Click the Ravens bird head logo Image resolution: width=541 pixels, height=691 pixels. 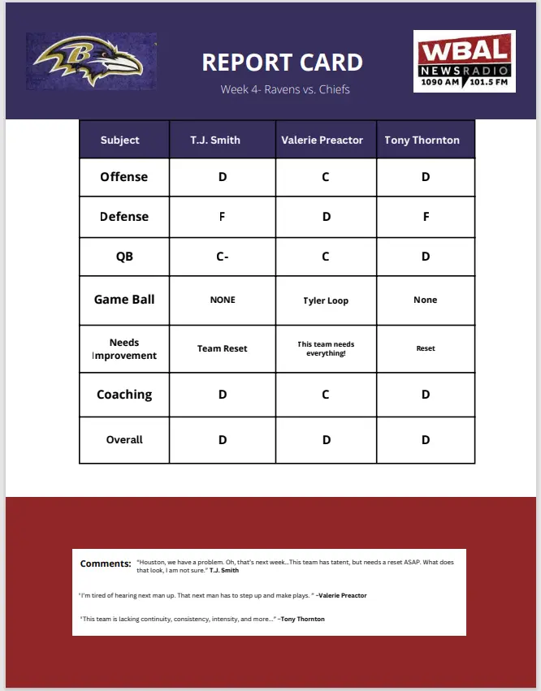click(x=91, y=61)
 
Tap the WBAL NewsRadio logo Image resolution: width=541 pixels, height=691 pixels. click(x=465, y=61)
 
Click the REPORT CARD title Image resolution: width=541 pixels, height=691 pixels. click(x=282, y=63)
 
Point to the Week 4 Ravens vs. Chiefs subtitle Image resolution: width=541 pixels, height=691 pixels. click(x=285, y=89)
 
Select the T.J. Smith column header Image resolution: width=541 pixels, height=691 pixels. click(x=215, y=140)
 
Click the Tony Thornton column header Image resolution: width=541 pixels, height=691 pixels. click(x=422, y=140)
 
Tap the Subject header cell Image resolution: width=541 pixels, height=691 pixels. click(x=120, y=140)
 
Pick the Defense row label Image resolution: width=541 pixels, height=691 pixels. click(x=124, y=217)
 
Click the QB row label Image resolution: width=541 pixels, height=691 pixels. click(x=124, y=257)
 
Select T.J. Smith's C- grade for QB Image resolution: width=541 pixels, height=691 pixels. click(x=223, y=257)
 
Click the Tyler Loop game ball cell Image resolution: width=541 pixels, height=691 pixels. click(x=326, y=300)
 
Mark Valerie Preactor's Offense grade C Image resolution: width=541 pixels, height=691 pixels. click(x=326, y=177)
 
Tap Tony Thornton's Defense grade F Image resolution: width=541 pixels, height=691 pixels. click(x=426, y=217)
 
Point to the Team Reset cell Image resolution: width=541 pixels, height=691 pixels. click(x=223, y=348)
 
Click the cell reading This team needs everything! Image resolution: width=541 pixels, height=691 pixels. click(x=326, y=348)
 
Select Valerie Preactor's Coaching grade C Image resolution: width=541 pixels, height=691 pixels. click(x=326, y=395)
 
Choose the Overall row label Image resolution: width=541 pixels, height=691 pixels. click(x=124, y=439)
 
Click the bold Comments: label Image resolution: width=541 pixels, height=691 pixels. click(x=106, y=564)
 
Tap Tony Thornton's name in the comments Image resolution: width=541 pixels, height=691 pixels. click(x=303, y=619)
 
